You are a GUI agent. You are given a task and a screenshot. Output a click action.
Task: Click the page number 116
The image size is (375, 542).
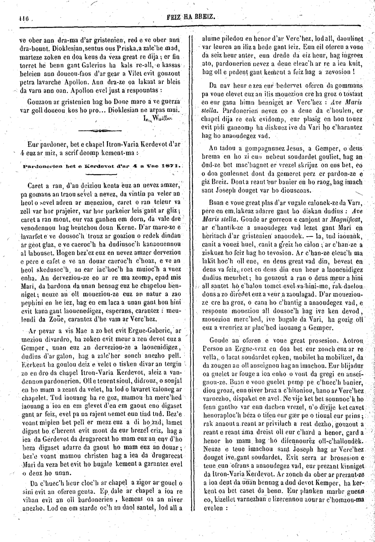pos(21,20)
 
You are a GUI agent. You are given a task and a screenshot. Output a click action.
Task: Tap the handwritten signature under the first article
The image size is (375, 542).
pos(157,118)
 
